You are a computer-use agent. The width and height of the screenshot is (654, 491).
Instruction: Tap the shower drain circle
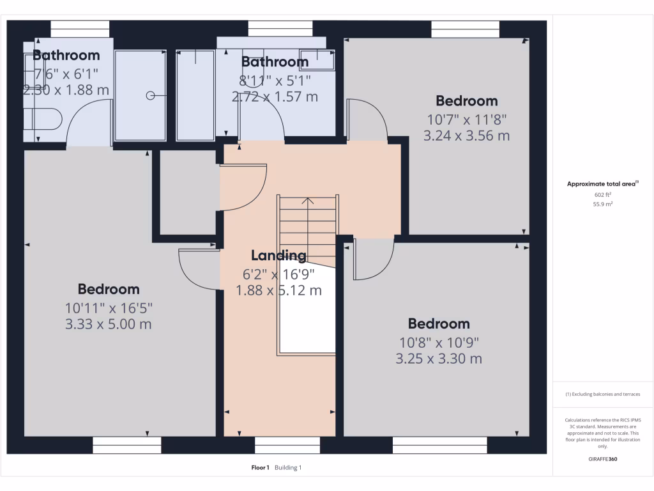click(x=150, y=96)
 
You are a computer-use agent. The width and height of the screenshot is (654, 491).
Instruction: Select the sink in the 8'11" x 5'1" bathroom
click(x=317, y=59)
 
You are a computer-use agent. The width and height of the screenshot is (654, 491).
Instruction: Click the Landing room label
click(x=278, y=256)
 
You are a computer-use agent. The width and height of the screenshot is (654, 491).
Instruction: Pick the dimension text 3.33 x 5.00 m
click(x=109, y=324)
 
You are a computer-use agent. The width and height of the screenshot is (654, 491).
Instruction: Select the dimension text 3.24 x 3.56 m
click(x=466, y=136)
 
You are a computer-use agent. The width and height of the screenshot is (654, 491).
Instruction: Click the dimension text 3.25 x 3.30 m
click(x=439, y=359)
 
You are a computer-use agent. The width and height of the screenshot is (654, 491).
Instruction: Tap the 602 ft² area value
click(x=603, y=195)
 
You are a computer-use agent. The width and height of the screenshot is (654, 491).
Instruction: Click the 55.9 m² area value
click(x=603, y=205)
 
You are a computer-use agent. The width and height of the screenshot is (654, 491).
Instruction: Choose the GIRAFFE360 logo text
click(x=603, y=459)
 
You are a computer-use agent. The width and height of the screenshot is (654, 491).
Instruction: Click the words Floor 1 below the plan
click(x=261, y=468)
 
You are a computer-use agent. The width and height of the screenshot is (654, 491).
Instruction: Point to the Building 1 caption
click(x=288, y=468)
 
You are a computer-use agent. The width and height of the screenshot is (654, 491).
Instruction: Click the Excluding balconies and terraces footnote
click(x=603, y=394)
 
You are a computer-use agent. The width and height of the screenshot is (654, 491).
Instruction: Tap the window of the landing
click(x=287, y=445)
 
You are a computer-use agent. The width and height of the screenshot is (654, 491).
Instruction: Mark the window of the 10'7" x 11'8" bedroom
click(x=465, y=29)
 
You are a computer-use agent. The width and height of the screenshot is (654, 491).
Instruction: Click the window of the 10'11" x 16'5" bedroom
click(x=126, y=445)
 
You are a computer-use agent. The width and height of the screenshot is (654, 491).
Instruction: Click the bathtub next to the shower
click(x=195, y=96)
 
